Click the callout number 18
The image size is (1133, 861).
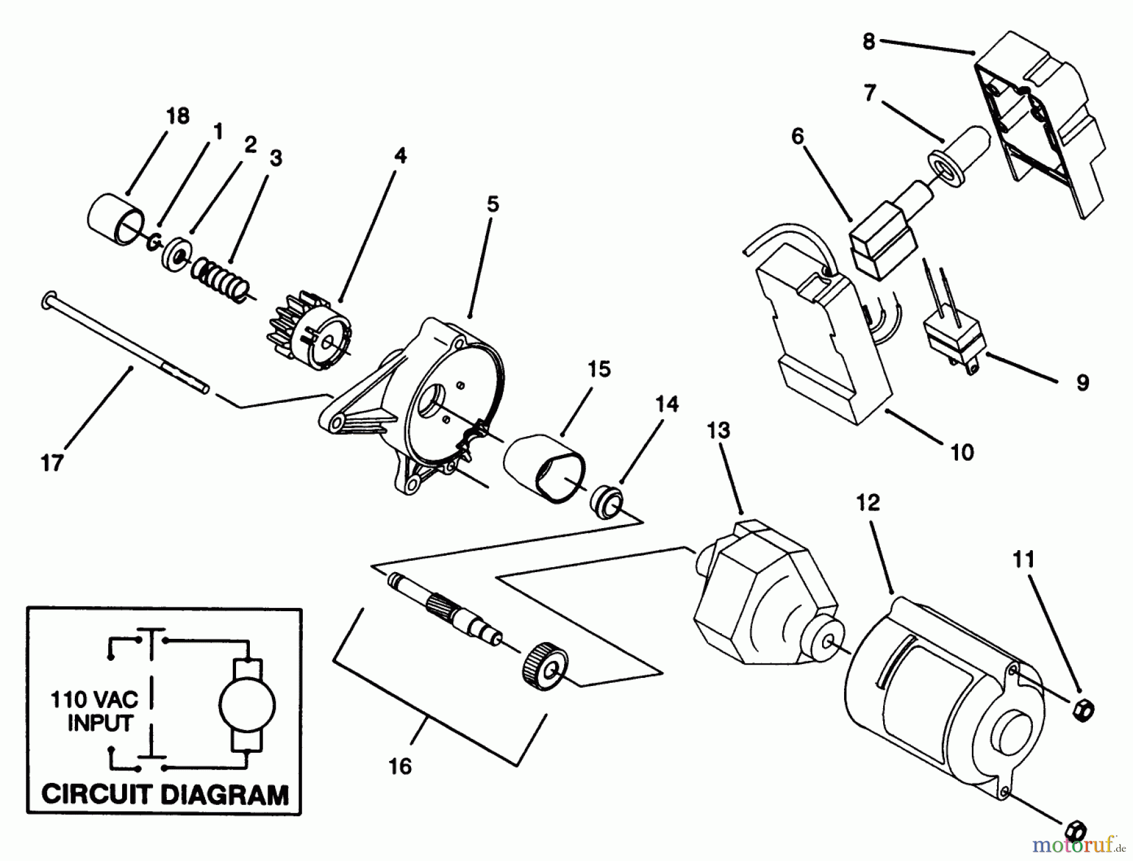click(x=178, y=116)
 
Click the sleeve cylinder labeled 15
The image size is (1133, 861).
click(x=545, y=468)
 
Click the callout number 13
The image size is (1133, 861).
click(x=718, y=430)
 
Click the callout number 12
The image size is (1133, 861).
click(x=868, y=503)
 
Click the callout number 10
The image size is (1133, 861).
click(x=962, y=452)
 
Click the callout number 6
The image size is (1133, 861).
click(x=798, y=136)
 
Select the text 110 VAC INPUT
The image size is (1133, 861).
click(x=100, y=711)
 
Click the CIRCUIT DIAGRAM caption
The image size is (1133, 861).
click(x=164, y=794)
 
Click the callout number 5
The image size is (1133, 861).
click(x=493, y=204)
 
